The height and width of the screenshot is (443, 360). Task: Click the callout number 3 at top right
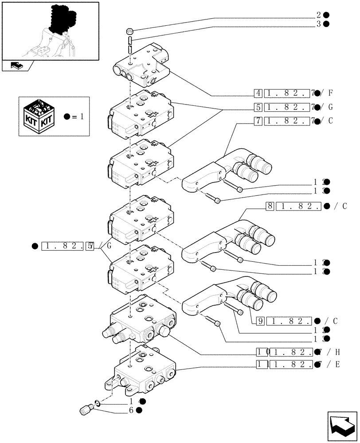coord(319,24)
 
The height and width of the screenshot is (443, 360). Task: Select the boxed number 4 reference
coord(258,93)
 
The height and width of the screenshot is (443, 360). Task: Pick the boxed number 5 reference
coord(258,107)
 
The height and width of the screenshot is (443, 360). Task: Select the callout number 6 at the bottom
coord(132,410)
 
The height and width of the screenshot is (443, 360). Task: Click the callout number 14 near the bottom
coord(133,401)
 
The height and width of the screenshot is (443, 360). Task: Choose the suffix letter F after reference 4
coord(331,93)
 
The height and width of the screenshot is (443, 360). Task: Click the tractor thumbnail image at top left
coord(50,31)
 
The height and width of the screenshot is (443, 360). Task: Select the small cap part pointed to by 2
coord(130,31)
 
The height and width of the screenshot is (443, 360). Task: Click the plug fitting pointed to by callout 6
coord(86,411)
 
